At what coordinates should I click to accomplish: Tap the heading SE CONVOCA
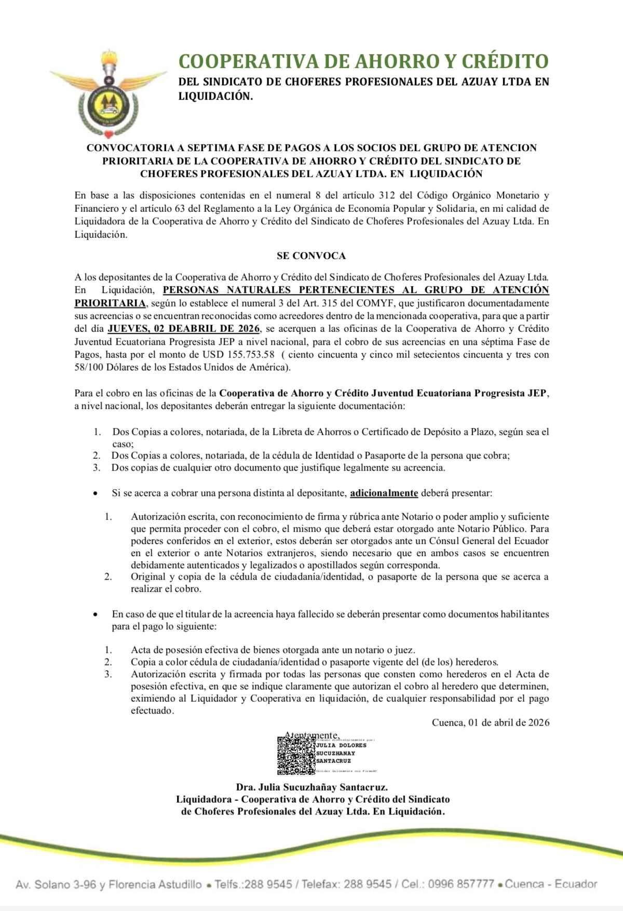click(x=311, y=256)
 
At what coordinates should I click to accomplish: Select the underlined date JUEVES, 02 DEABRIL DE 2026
click(x=184, y=329)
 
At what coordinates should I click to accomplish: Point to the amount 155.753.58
click(x=251, y=355)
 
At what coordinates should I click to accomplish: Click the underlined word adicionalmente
click(x=384, y=493)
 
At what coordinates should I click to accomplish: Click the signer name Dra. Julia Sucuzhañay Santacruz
click(x=311, y=787)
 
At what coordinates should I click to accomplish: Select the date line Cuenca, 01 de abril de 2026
click(x=490, y=722)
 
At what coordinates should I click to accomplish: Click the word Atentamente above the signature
click(x=312, y=735)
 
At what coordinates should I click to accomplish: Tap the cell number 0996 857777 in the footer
click(x=461, y=884)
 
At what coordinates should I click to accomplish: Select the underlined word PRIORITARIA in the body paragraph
click(x=110, y=303)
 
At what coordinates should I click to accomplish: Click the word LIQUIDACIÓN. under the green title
click(x=215, y=96)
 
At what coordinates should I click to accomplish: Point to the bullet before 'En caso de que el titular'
click(x=95, y=615)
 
